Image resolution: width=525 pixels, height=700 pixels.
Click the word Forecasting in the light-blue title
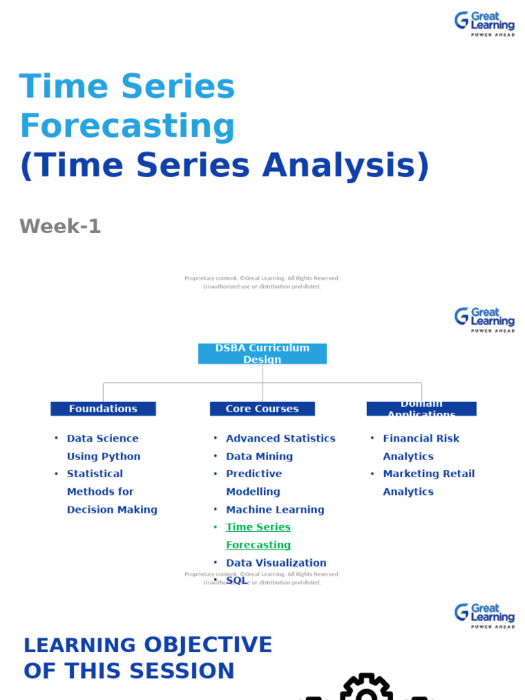[x=127, y=126]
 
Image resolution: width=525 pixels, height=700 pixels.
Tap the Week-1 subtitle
[x=60, y=226]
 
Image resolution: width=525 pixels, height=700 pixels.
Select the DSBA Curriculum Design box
[x=262, y=353]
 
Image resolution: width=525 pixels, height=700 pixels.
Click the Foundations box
[x=103, y=409]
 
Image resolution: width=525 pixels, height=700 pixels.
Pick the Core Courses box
[x=262, y=409]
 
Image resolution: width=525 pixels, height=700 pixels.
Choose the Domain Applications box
[x=421, y=409]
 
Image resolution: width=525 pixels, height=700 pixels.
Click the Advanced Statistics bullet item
[x=280, y=438]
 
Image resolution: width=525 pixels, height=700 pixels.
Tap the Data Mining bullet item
[x=259, y=456]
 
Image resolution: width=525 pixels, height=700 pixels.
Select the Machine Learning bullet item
[x=275, y=509]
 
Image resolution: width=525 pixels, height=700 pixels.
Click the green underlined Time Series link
[x=258, y=527]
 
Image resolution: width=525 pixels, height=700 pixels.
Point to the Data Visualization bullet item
[x=276, y=563]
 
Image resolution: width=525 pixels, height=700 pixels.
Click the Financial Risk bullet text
[x=421, y=438]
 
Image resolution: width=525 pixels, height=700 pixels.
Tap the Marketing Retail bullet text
[x=429, y=474]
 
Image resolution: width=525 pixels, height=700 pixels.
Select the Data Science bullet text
[x=103, y=438]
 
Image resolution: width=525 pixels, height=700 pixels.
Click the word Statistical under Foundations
[x=95, y=474]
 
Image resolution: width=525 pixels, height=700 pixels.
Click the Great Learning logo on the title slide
[x=485, y=24]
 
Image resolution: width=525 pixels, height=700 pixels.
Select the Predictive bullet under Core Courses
[x=254, y=474]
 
